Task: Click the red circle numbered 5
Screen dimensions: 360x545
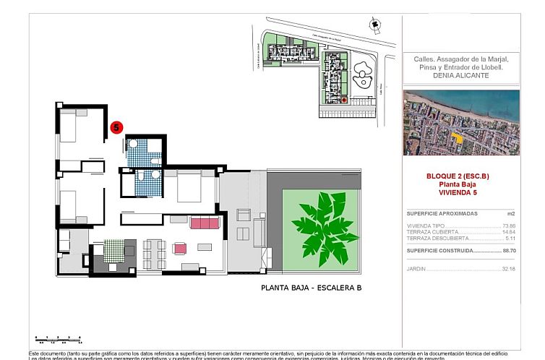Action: (x=116, y=128)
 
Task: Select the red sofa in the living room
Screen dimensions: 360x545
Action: (x=205, y=223)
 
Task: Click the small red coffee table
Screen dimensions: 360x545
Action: (x=180, y=248)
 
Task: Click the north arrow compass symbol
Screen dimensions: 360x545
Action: (x=374, y=25)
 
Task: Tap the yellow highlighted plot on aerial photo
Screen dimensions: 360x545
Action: (x=455, y=136)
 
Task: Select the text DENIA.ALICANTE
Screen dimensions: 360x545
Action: (x=460, y=75)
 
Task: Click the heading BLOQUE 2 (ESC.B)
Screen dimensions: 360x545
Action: (x=460, y=176)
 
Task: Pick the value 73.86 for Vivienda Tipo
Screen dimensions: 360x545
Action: (x=509, y=226)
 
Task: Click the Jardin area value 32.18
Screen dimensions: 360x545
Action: (x=509, y=269)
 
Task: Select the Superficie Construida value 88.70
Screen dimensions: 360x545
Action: (x=509, y=250)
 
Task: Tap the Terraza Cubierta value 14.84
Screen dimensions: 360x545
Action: (x=509, y=232)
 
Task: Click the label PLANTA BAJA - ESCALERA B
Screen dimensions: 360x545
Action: (x=311, y=288)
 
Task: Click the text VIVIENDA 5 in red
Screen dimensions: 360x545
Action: (x=460, y=193)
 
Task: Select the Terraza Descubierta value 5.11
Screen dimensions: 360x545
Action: (x=510, y=238)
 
